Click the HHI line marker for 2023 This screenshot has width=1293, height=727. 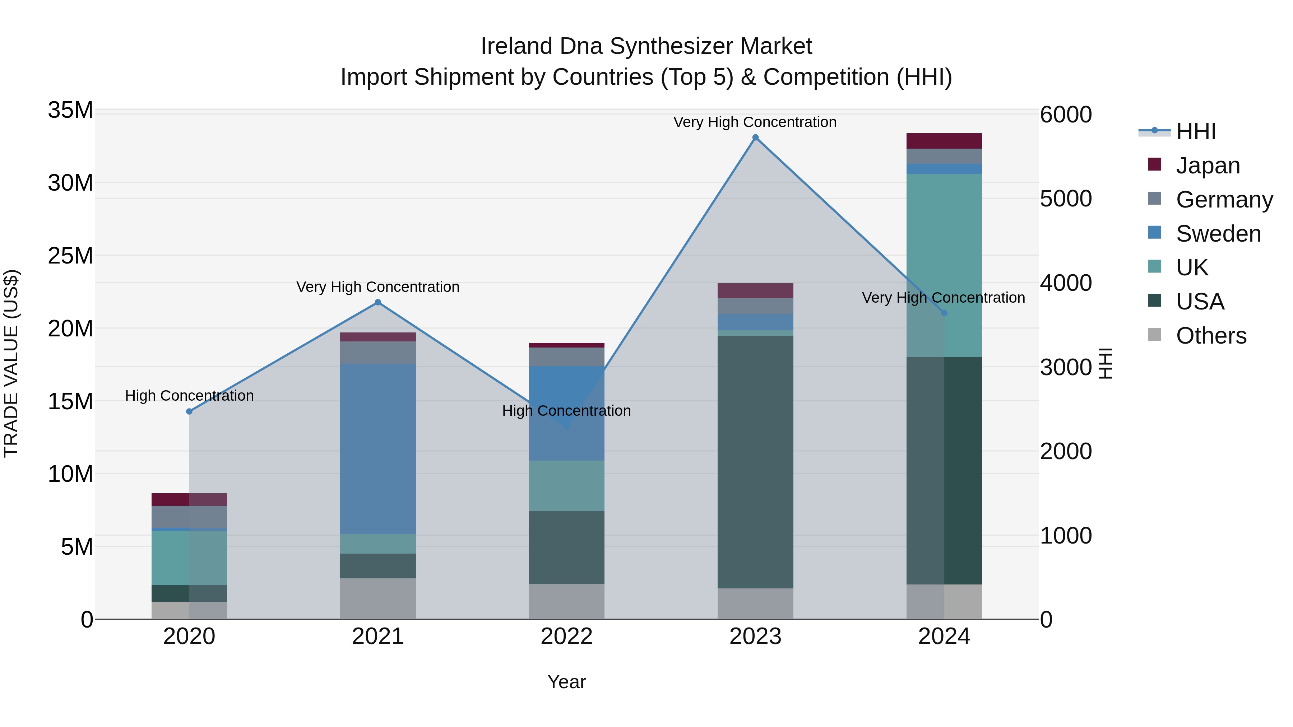point(755,138)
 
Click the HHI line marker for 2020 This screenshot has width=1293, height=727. point(189,411)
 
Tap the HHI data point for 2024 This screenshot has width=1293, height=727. point(944,313)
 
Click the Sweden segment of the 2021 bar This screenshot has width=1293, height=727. point(378,449)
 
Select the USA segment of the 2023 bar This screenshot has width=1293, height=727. point(755,462)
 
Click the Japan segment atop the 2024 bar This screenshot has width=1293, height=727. point(944,141)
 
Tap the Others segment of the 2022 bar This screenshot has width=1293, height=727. point(567,602)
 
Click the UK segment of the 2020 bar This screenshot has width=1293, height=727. point(189,558)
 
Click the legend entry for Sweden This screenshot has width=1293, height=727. point(1218,234)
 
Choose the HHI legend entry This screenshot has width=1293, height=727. point(1196,131)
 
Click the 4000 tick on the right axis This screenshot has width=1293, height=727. point(1066,283)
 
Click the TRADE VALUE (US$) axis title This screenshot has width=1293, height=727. point(11,363)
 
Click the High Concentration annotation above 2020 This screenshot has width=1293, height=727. point(189,396)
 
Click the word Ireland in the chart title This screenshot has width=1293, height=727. point(516,46)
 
